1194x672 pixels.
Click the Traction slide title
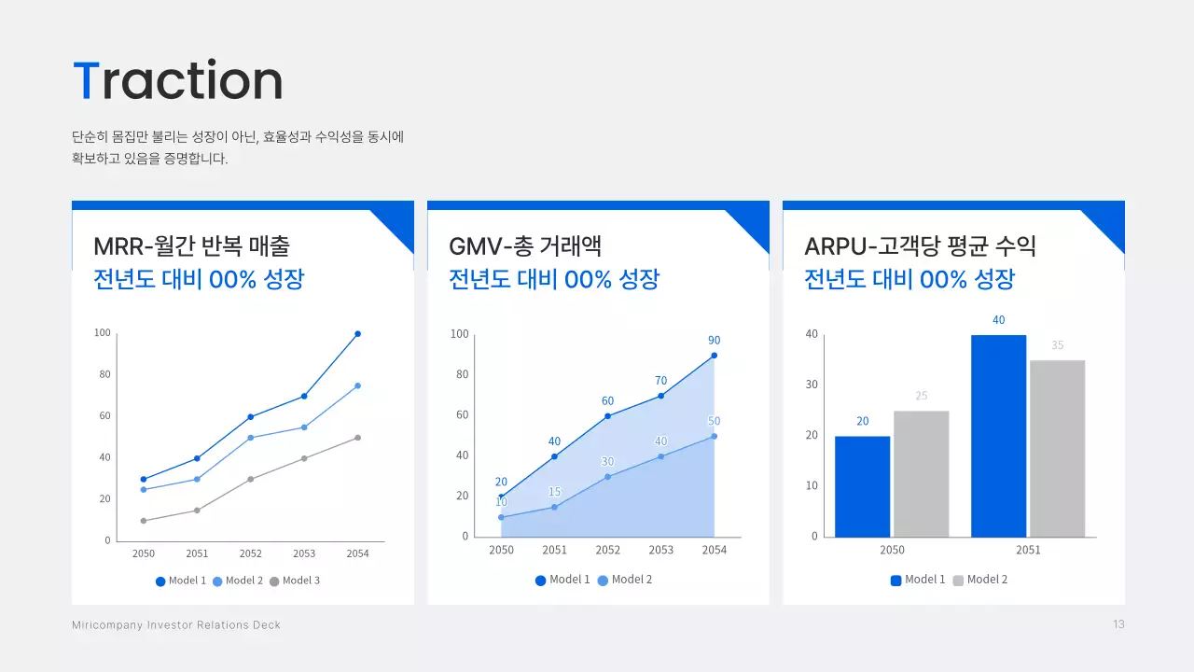coord(177,81)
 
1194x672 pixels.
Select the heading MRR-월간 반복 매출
coord(191,246)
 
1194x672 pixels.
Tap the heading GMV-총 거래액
coord(525,246)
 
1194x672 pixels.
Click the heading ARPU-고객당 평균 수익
coord(920,246)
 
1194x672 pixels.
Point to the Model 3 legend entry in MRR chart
coord(295,581)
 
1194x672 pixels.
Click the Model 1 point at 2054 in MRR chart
coord(357,333)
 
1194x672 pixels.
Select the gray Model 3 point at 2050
coord(144,521)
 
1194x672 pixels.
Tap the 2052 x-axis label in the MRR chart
coord(251,553)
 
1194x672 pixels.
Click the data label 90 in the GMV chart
coord(714,341)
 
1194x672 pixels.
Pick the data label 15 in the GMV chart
coord(554,492)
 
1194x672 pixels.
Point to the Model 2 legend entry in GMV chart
coord(625,580)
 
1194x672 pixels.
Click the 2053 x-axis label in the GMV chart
coord(660,550)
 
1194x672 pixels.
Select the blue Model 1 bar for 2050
coord(862,486)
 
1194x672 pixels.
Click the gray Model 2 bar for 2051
coord(1057,448)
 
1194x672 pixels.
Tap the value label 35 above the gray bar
coord(1057,345)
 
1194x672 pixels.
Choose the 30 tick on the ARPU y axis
coord(812,385)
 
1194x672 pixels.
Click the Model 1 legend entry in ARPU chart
coord(918,580)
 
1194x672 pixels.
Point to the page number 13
coord(1118,624)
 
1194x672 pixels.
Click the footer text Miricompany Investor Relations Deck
coord(176,624)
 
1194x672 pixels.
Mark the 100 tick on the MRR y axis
coord(103,333)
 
